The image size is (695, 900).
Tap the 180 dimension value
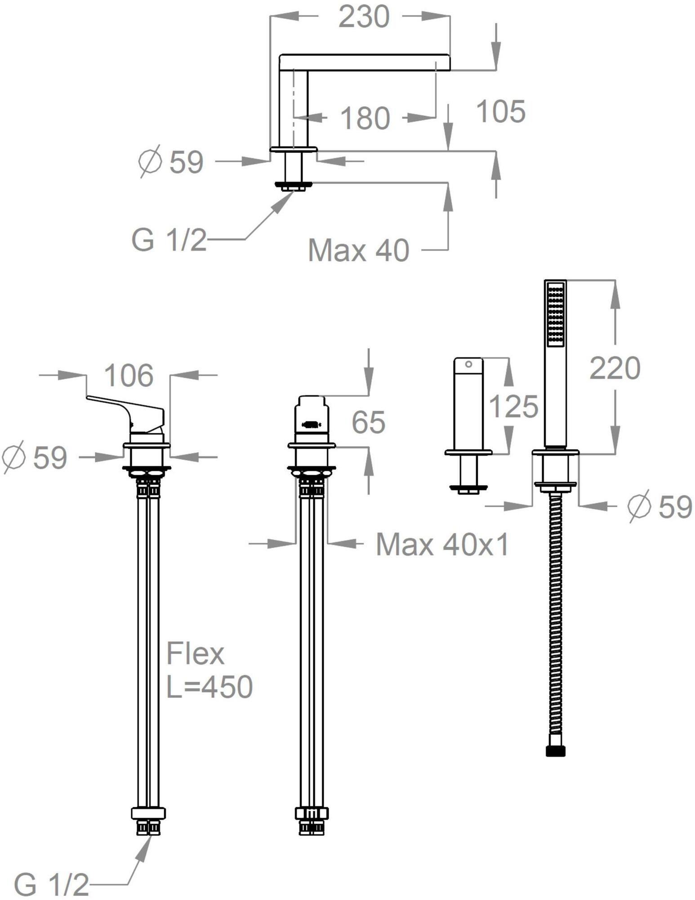pyautogui.click(x=365, y=118)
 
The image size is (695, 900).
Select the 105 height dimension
pyautogui.click(x=500, y=111)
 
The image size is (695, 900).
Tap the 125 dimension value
pyautogui.click(x=513, y=406)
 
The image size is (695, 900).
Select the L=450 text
pyautogui.click(x=209, y=687)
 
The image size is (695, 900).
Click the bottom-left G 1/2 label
pyautogui.click(x=51, y=885)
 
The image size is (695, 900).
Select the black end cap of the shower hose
pyautogui.click(x=556, y=751)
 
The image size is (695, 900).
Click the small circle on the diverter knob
pyautogui.click(x=468, y=364)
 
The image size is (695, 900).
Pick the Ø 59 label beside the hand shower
pyautogui.click(x=660, y=507)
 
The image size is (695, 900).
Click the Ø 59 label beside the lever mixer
pyautogui.click(x=34, y=457)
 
